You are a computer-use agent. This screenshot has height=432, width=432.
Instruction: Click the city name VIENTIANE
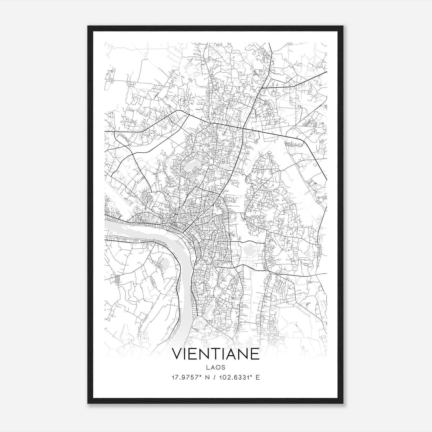click(216, 354)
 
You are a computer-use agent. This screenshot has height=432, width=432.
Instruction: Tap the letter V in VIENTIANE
click(178, 354)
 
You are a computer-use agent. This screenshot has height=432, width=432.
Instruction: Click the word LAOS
click(216, 367)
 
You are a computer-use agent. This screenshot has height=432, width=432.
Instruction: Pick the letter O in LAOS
click(218, 367)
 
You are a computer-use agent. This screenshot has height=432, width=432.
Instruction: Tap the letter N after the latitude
click(208, 377)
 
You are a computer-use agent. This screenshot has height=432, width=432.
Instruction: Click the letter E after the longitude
click(258, 377)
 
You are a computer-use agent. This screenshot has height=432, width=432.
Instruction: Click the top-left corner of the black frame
click(88, 26)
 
